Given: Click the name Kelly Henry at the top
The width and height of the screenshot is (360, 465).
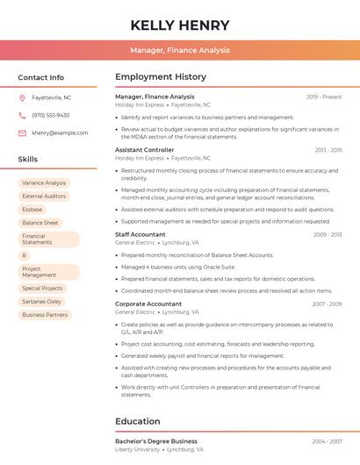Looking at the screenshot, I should tap(180, 25).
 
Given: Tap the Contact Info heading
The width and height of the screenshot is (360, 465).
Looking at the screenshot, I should tap(41, 77).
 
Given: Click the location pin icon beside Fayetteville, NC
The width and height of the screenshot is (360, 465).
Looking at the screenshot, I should tap(22, 97).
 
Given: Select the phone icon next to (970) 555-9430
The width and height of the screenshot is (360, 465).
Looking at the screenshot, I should tap(22, 115).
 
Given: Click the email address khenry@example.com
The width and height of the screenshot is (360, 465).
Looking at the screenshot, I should tap(60, 132).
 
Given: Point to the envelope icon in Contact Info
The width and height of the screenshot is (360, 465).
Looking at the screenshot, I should tap(22, 132).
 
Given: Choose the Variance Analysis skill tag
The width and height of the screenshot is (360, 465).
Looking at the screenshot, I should tap(44, 183).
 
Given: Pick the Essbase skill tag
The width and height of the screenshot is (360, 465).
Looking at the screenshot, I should tap(32, 210).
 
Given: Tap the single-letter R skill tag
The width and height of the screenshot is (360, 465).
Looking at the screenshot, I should tap(25, 255).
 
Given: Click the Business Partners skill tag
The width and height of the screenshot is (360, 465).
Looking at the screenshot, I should tap(45, 314).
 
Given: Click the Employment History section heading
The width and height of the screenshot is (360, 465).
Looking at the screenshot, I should tap(161, 77).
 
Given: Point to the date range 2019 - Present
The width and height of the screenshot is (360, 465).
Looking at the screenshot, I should tap(324, 97).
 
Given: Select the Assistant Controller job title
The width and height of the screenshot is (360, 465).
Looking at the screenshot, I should tap(145, 150).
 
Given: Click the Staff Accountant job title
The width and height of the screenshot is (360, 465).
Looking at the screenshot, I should tap(140, 234).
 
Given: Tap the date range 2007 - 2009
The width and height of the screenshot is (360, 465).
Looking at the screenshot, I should tap(327, 304).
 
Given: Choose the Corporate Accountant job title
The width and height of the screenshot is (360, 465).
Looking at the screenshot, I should tap(148, 304).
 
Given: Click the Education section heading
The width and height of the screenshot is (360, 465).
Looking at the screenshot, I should tap(138, 421).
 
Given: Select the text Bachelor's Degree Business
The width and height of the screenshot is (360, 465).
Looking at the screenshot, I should tap(156, 441).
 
